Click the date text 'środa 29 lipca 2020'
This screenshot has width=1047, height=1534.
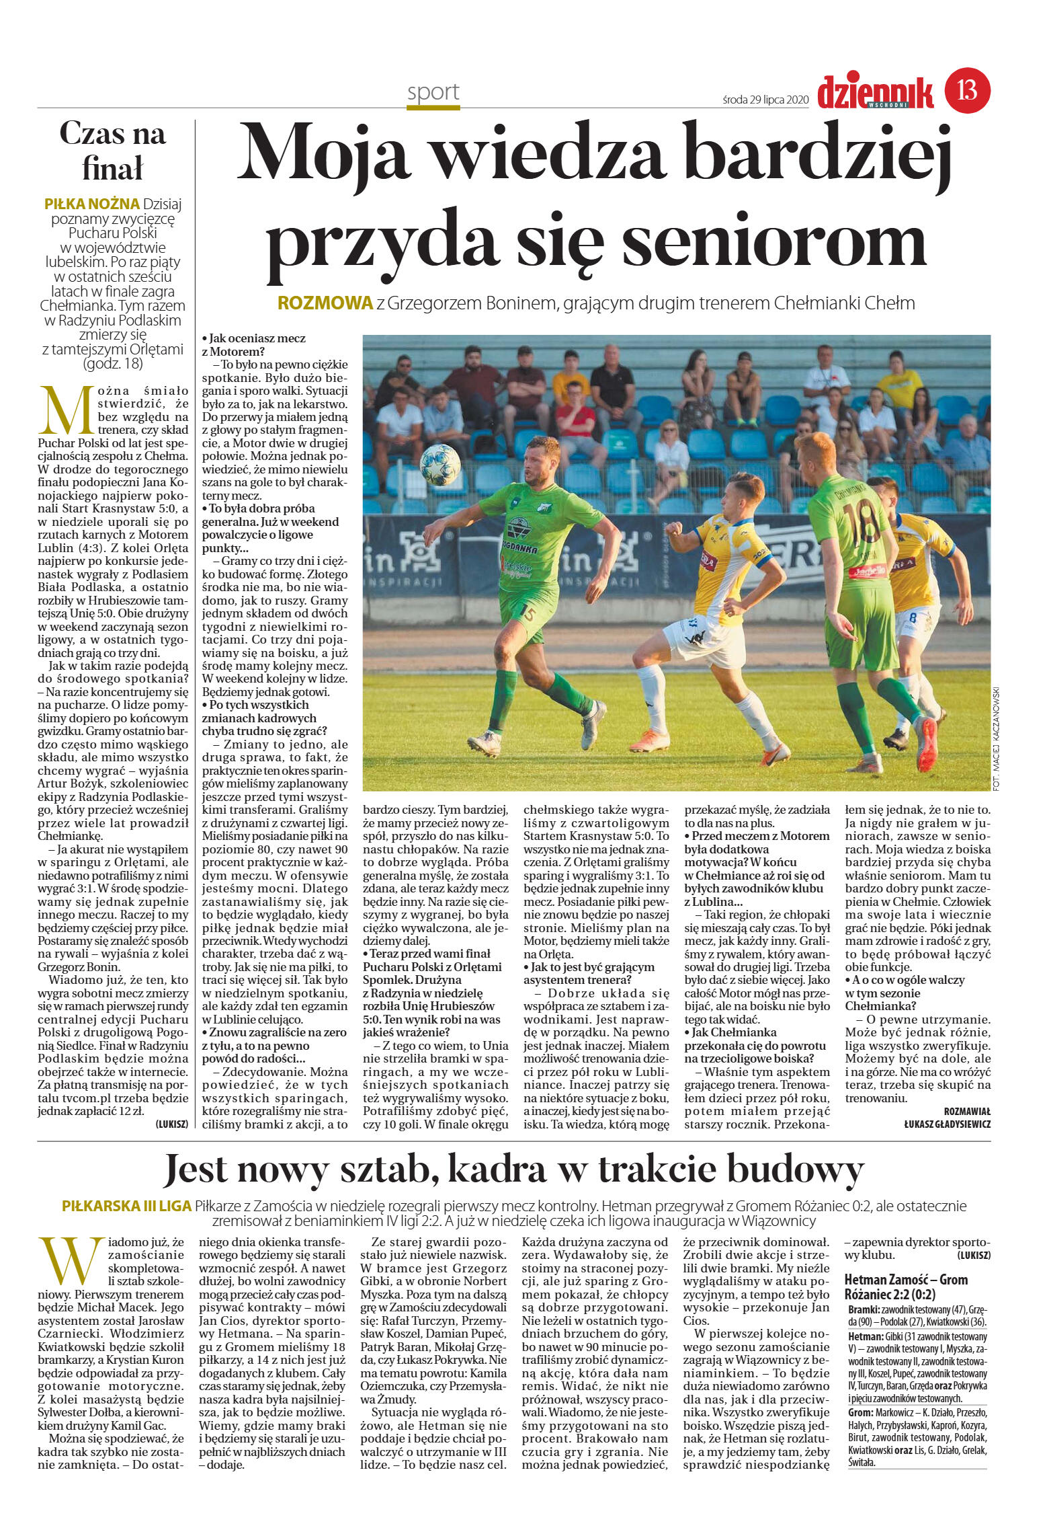pyautogui.click(x=765, y=100)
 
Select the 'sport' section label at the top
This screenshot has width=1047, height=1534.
pyautogui.click(x=433, y=92)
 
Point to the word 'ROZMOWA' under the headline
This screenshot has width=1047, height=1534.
pyautogui.click(x=325, y=303)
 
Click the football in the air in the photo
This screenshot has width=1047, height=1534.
pyautogui.click(x=440, y=464)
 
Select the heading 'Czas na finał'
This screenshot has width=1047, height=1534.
pyautogui.click(x=112, y=151)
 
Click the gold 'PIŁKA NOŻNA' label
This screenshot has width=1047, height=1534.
pyautogui.click(x=91, y=204)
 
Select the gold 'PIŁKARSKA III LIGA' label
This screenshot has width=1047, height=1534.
pyautogui.click(x=126, y=1206)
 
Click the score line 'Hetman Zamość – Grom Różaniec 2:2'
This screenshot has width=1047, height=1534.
pyautogui.click(x=906, y=1288)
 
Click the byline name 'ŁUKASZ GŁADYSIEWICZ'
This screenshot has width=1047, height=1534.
pyautogui.click(x=947, y=1124)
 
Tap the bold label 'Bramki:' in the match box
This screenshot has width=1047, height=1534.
pyautogui.click(x=863, y=1310)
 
